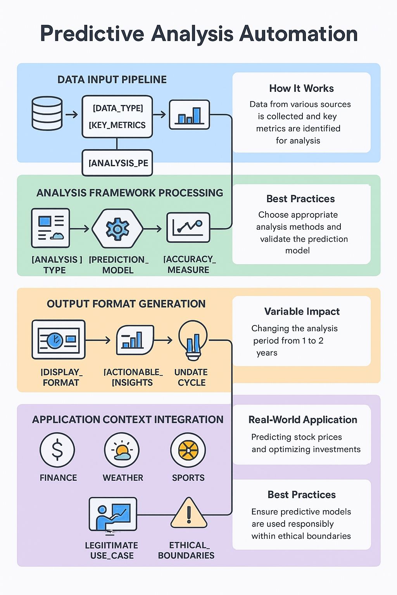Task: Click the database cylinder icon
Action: tap(47, 113)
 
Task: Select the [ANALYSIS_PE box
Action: tap(117, 163)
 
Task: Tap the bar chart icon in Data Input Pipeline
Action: tap(189, 115)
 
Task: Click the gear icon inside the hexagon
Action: tap(117, 229)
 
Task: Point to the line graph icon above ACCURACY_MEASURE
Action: tap(188, 228)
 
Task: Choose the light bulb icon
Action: tap(193, 339)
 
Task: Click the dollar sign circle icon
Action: tap(57, 450)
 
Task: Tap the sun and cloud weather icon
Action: tap(122, 450)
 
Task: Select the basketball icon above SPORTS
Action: tap(188, 450)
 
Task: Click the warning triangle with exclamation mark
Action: tap(189, 514)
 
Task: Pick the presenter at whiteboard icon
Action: tap(113, 514)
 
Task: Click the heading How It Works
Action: tap(301, 88)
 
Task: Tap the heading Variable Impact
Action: tap(302, 311)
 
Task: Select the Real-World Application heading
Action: tap(302, 420)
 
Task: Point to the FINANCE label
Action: tap(58, 478)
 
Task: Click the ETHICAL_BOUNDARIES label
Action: tap(186, 550)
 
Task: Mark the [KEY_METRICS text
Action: tap(117, 125)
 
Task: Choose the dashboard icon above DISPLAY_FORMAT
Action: tap(59, 339)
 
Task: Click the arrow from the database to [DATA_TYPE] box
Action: tap(72, 115)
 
